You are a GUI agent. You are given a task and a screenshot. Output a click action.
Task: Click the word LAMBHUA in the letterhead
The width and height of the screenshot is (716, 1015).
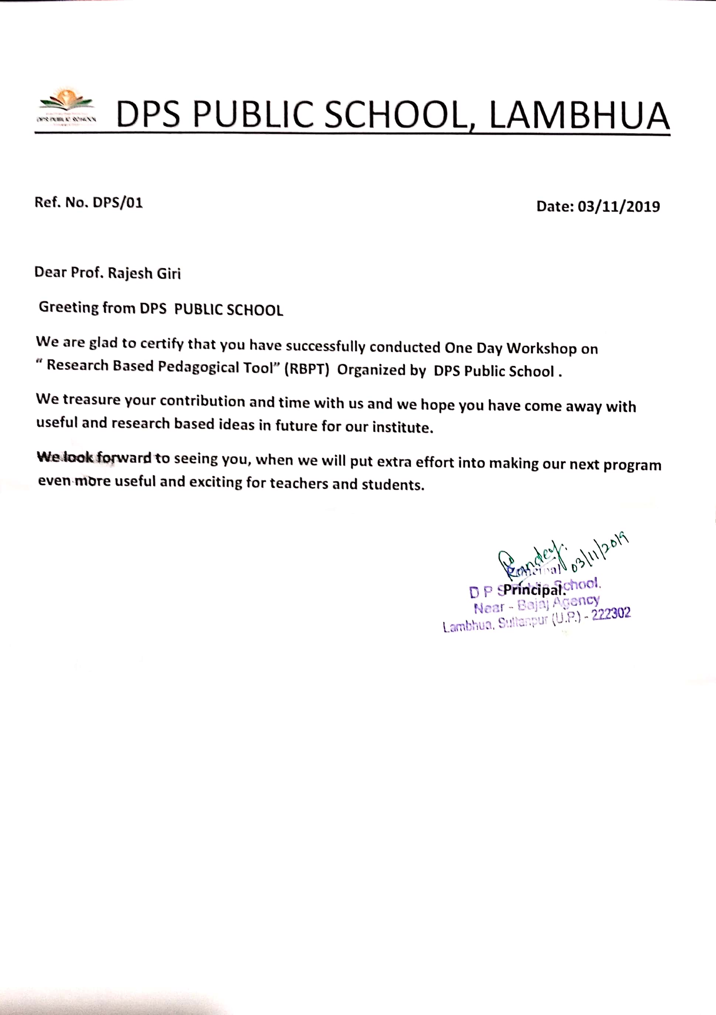coord(579,116)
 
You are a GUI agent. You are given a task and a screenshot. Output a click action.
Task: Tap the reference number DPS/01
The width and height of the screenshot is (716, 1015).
coord(117,202)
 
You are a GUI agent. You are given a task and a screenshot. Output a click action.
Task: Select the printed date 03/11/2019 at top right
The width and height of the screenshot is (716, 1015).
coord(619,206)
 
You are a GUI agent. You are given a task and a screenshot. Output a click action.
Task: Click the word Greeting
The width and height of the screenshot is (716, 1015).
coord(69,307)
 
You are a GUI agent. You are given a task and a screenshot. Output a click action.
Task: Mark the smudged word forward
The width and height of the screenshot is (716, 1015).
coord(124,457)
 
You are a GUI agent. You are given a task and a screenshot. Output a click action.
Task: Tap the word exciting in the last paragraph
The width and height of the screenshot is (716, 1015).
coord(216,482)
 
